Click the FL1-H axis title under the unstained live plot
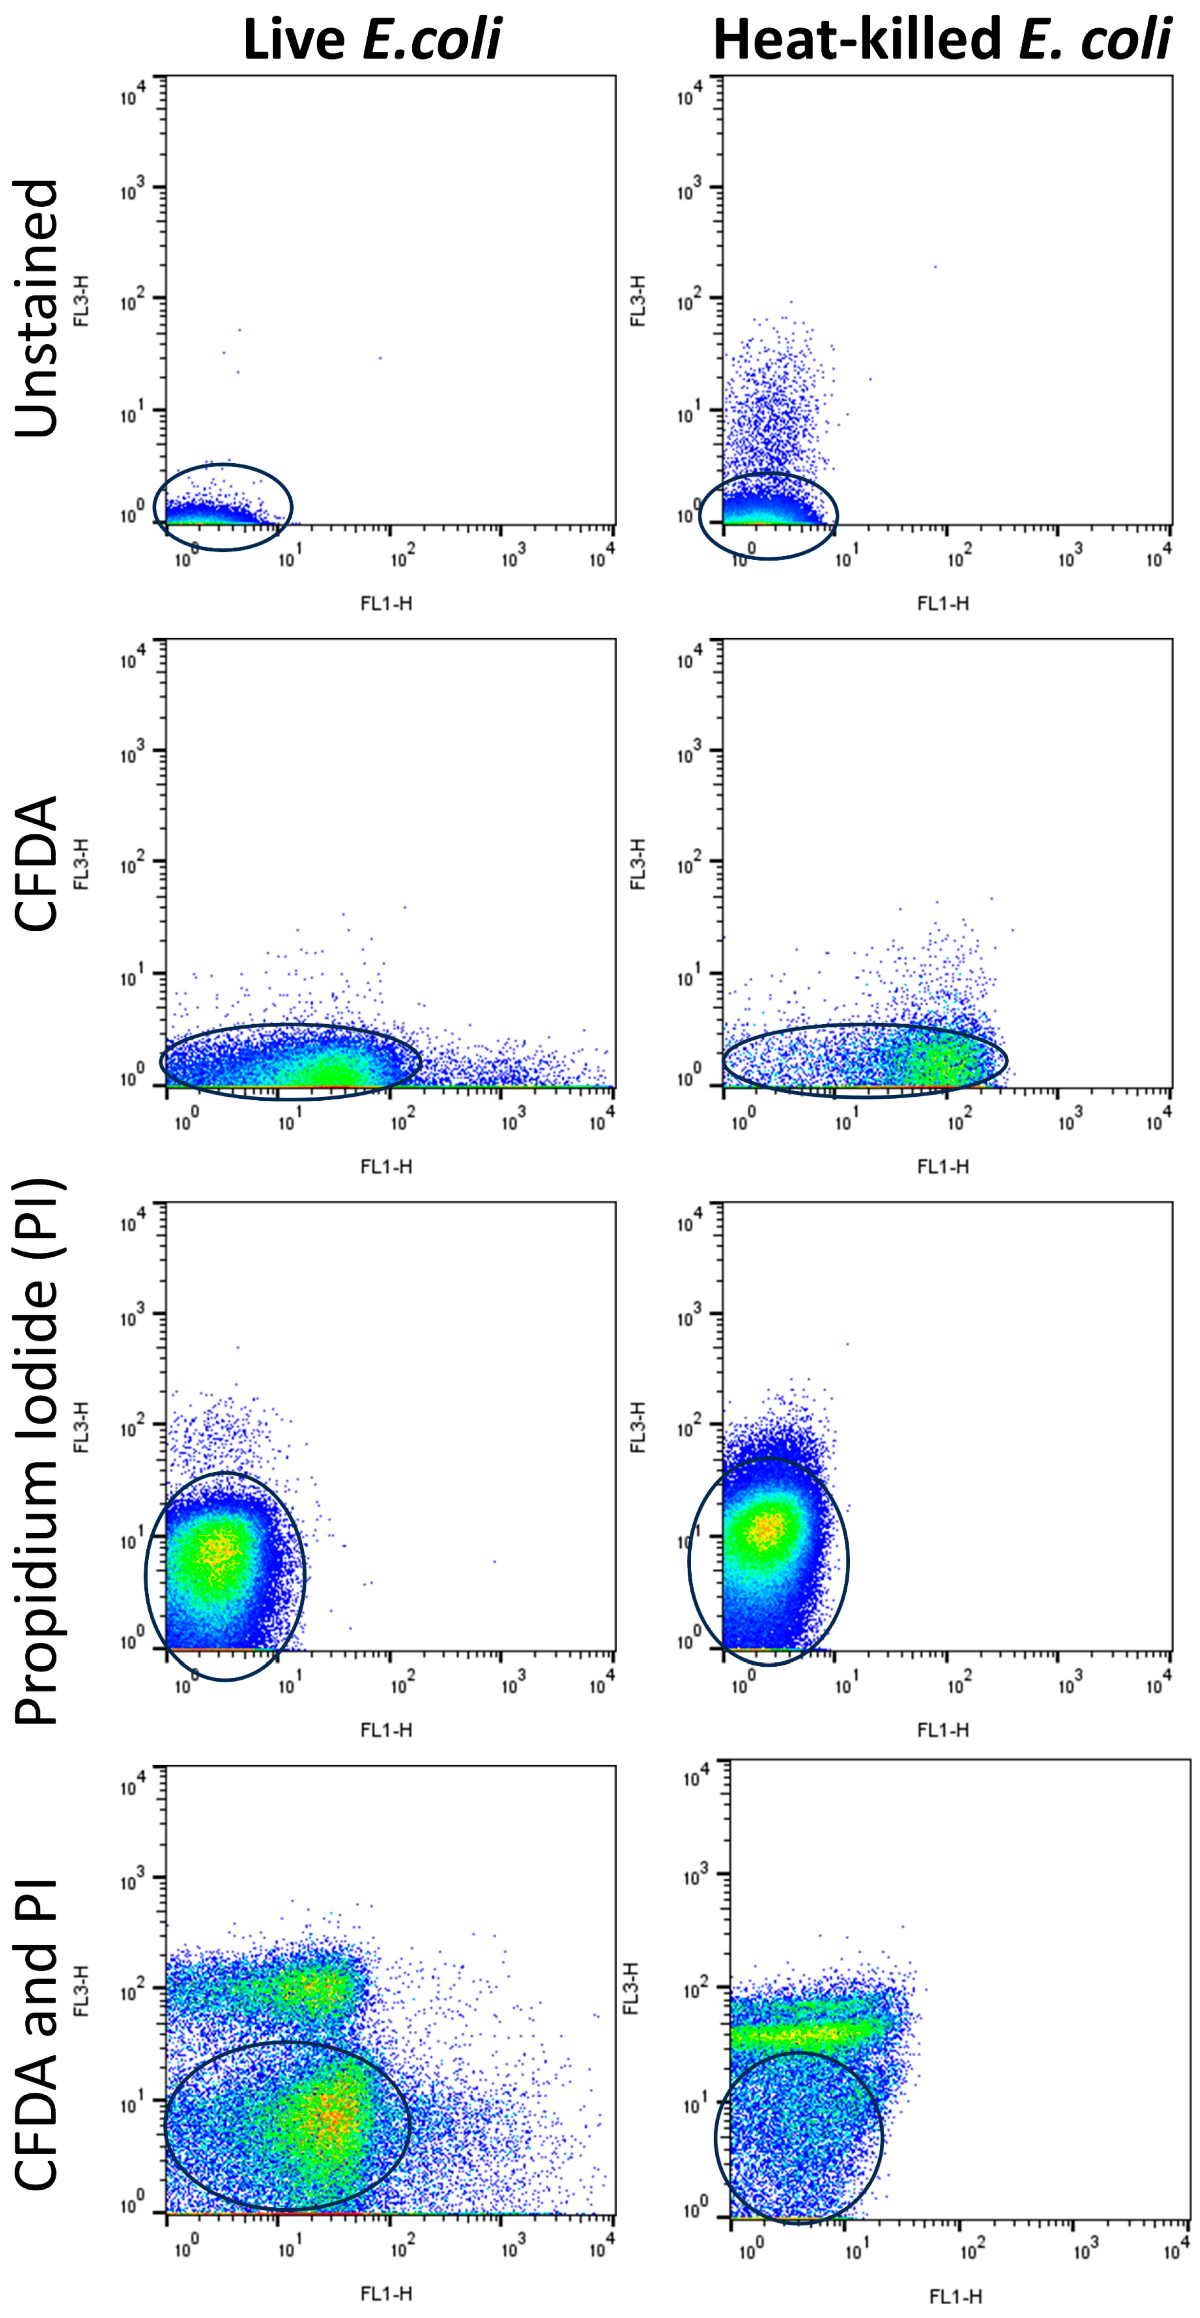pyautogui.click(x=386, y=603)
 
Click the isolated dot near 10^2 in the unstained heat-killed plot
pyautogui.click(x=935, y=266)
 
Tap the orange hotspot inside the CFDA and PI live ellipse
pyautogui.click(x=329, y=2117)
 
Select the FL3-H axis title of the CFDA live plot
pyautogui.click(x=81, y=864)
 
